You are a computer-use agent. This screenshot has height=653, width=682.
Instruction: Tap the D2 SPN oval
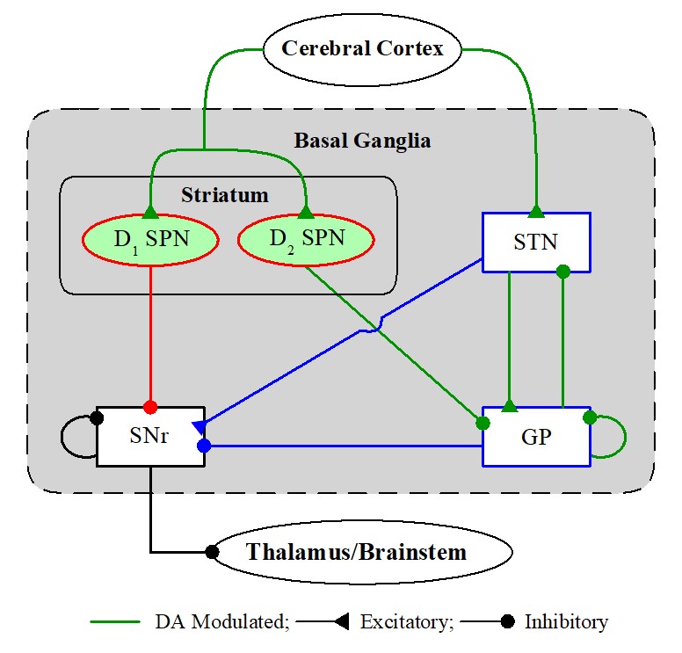click(x=305, y=238)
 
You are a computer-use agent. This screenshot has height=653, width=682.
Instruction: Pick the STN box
click(x=536, y=242)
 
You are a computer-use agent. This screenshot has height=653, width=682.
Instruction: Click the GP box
click(x=536, y=437)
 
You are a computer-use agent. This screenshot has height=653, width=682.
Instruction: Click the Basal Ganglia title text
click(x=362, y=140)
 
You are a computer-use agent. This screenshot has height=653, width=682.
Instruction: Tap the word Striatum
click(x=224, y=194)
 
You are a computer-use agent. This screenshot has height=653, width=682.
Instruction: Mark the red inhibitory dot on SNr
click(x=150, y=407)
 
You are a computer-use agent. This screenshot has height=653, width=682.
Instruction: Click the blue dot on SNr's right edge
click(x=204, y=446)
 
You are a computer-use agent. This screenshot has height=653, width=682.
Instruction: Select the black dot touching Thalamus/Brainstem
click(x=212, y=553)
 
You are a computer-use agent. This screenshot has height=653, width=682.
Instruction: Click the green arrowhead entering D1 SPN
click(x=149, y=212)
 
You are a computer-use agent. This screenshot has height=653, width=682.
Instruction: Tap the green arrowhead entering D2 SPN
click(x=305, y=212)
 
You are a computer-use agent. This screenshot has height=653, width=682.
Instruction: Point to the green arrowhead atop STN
click(x=536, y=211)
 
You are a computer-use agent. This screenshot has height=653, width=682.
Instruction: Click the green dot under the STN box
click(x=563, y=271)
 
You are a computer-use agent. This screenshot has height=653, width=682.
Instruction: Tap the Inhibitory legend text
click(x=566, y=622)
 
